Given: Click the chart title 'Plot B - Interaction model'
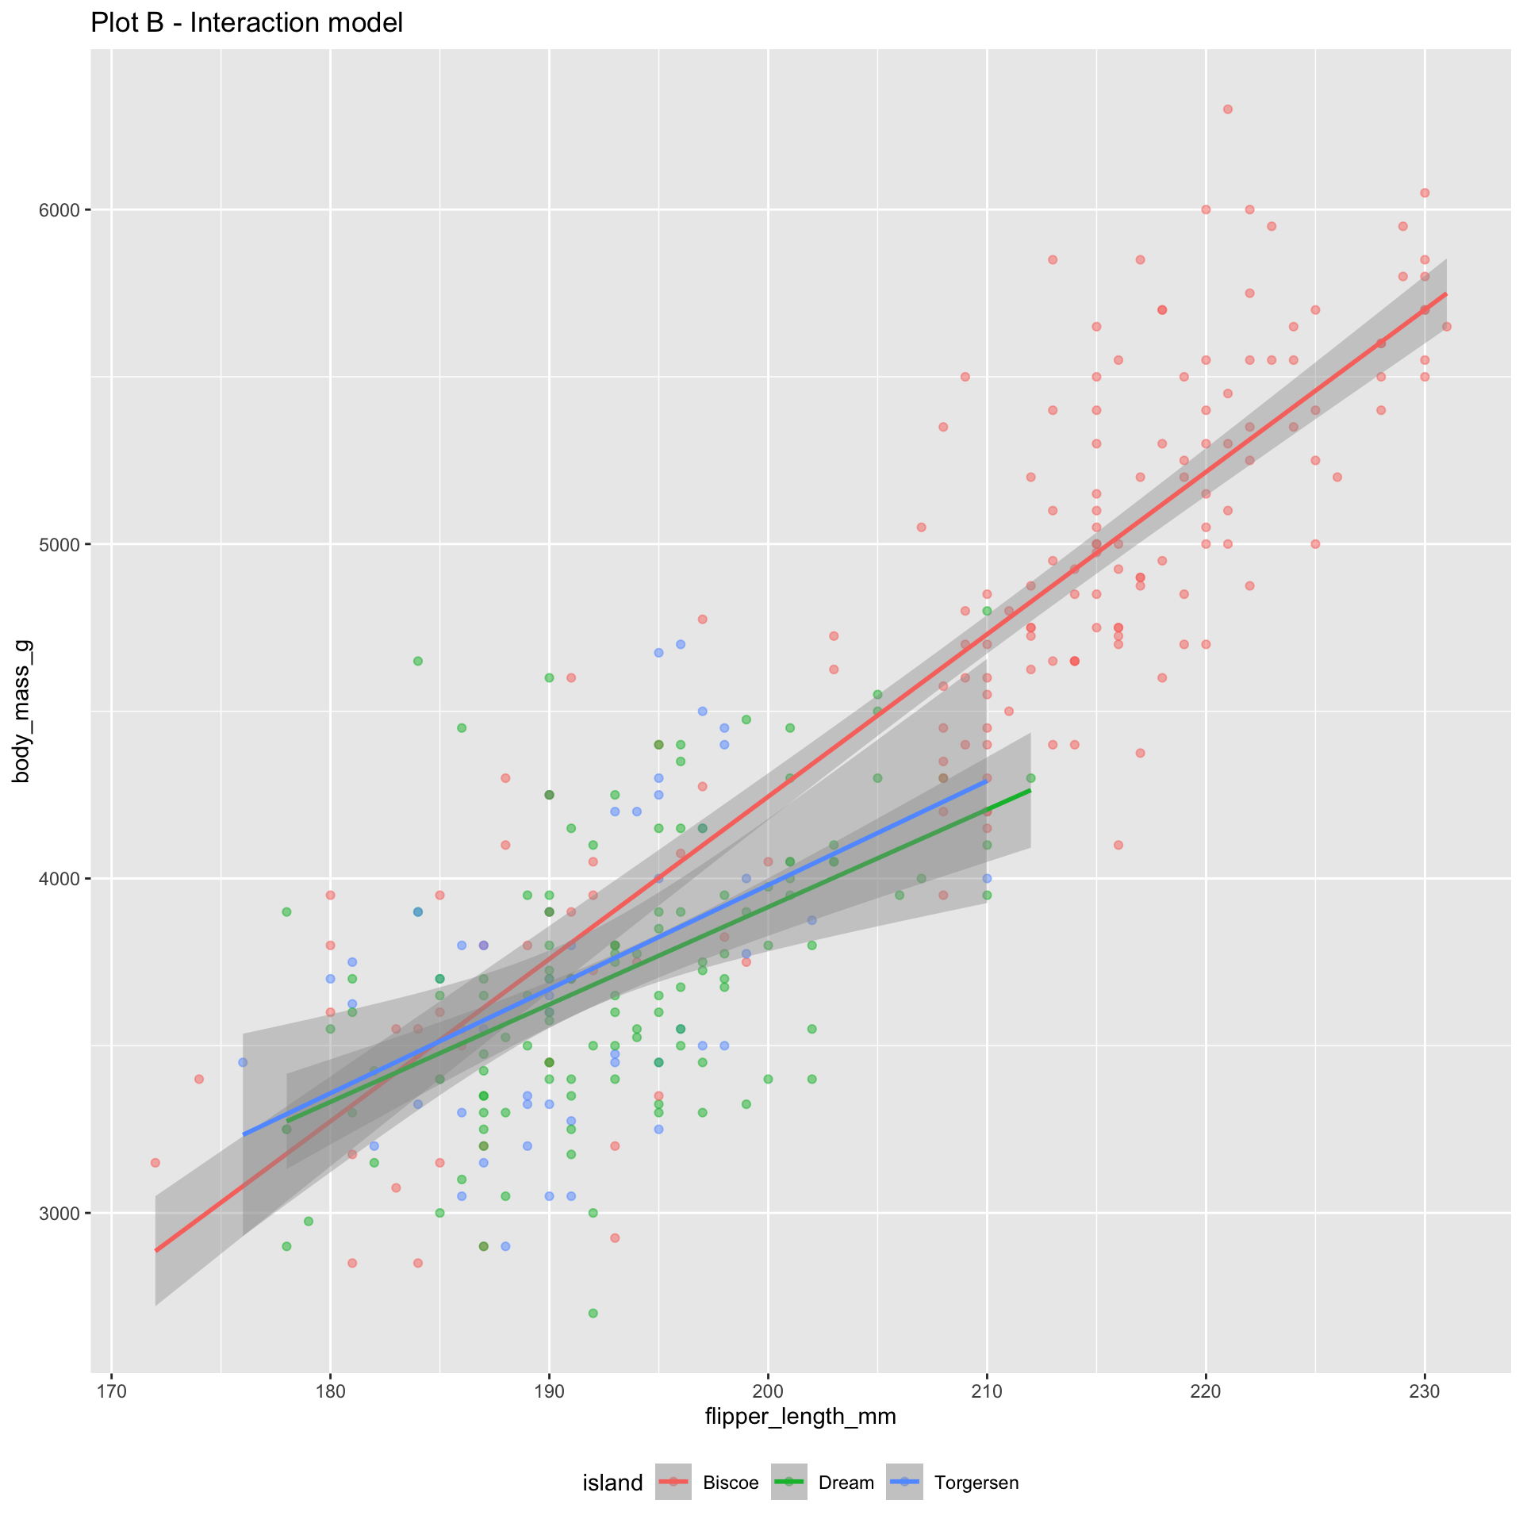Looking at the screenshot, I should [x=247, y=23].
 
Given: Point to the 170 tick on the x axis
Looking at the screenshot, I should [x=111, y=1391].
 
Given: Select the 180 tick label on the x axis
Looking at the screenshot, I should [x=330, y=1391].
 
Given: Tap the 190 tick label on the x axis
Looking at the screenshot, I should [x=549, y=1391].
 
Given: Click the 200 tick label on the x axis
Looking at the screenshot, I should [x=768, y=1391].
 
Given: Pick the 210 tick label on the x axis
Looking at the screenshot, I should [x=987, y=1391].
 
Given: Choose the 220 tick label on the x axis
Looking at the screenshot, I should [x=1206, y=1391].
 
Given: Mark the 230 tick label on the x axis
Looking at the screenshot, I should [x=1425, y=1391].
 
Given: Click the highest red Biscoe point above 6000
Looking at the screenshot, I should [x=1228, y=109].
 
